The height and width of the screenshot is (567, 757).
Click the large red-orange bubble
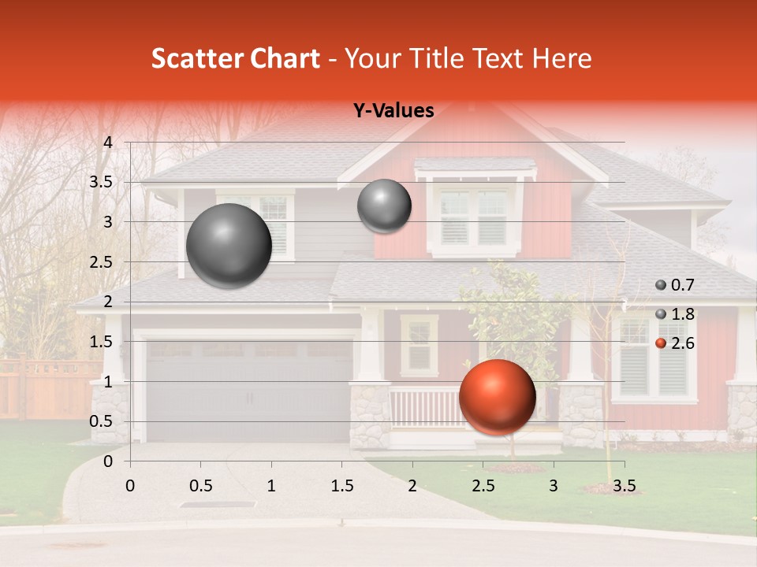tap(497, 397)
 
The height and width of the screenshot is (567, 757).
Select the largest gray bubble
tap(229, 246)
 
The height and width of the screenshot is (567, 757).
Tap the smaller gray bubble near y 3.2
tap(384, 206)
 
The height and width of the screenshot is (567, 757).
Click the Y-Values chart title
tap(393, 111)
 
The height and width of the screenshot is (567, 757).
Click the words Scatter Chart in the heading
tap(235, 58)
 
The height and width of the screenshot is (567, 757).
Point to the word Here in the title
tap(561, 58)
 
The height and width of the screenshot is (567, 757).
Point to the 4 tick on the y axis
tap(108, 143)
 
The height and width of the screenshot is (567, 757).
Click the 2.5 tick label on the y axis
tap(100, 262)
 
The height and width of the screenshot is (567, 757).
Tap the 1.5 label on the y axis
tap(100, 342)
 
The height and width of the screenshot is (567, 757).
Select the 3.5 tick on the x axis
tap(624, 485)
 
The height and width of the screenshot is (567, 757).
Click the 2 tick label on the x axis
tap(412, 485)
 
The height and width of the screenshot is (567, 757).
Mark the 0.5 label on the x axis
tap(200, 485)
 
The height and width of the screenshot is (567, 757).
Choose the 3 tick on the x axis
tap(554, 485)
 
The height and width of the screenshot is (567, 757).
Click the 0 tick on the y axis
tap(108, 461)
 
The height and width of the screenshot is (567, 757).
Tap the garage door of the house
tap(249, 390)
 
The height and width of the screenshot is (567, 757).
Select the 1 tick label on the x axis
tap(271, 485)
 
